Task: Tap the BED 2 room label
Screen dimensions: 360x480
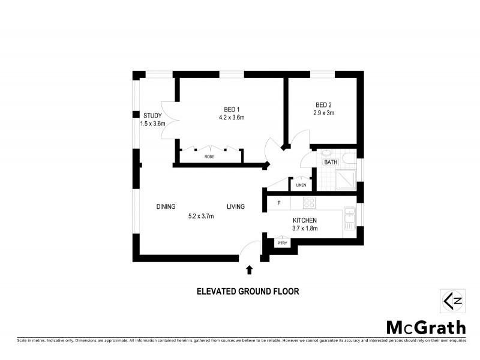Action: (x=323, y=104)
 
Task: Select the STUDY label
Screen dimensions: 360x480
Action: (x=152, y=115)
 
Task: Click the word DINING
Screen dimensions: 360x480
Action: (x=166, y=207)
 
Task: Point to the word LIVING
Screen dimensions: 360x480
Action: (x=235, y=207)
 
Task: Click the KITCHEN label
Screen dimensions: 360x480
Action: (x=305, y=220)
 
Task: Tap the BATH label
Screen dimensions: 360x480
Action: (x=331, y=163)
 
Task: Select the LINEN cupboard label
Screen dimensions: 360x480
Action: (x=301, y=185)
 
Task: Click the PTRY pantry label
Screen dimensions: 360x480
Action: (x=282, y=242)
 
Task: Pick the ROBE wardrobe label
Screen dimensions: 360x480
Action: (x=209, y=156)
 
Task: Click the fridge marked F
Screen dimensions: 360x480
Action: (x=278, y=203)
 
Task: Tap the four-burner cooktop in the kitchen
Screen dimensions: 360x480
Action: (x=309, y=203)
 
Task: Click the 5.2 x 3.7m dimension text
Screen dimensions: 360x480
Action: (x=201, y=216)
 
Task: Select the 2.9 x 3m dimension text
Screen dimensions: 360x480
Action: (x=323, y=112)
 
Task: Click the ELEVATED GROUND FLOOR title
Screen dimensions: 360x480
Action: (x=248, y=292)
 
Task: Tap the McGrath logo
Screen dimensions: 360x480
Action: (x=425, y=327)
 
